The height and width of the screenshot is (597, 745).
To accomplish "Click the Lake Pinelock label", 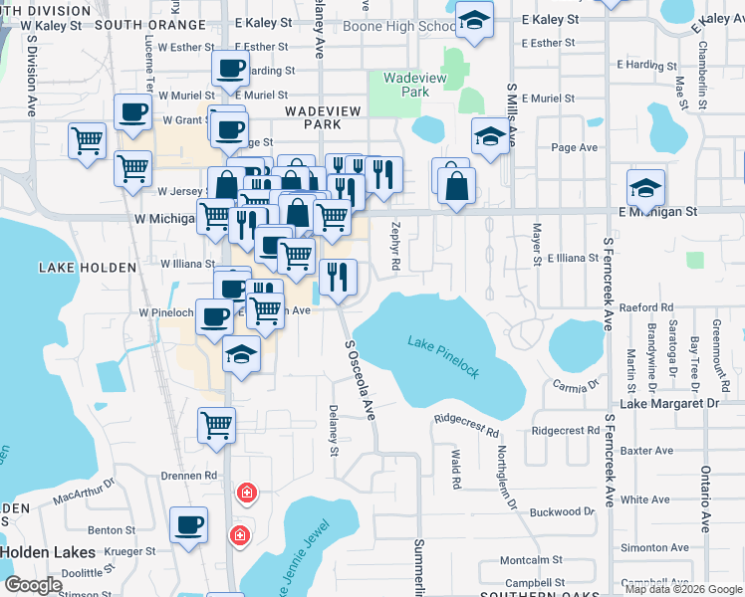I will click(x=444, y=356).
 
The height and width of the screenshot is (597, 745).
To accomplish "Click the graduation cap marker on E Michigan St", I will click(x=645, y=188).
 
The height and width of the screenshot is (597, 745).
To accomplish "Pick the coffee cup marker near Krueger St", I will click(x=187, y=524).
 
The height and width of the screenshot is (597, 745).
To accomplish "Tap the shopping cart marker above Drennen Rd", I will click(x=216, y=425).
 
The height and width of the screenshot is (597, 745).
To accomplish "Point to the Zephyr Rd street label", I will click(x=395, y=246).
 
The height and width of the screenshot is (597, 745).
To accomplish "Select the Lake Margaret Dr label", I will click(x=668, y=404).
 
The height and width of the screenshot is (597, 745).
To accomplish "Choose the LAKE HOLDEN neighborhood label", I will click(x=72, y=268).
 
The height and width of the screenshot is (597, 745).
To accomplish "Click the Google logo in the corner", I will click(x=34, y=585).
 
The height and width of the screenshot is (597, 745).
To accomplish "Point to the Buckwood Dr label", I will click(x=562, y=512).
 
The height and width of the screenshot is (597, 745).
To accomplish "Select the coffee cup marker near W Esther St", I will click(x=231, y=69).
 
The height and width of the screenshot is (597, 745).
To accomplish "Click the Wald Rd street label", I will click(x=455, y=469).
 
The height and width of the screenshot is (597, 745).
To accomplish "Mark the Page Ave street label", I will click(x=574, y=147).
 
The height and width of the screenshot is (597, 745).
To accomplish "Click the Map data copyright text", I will click(x=682, y=589).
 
